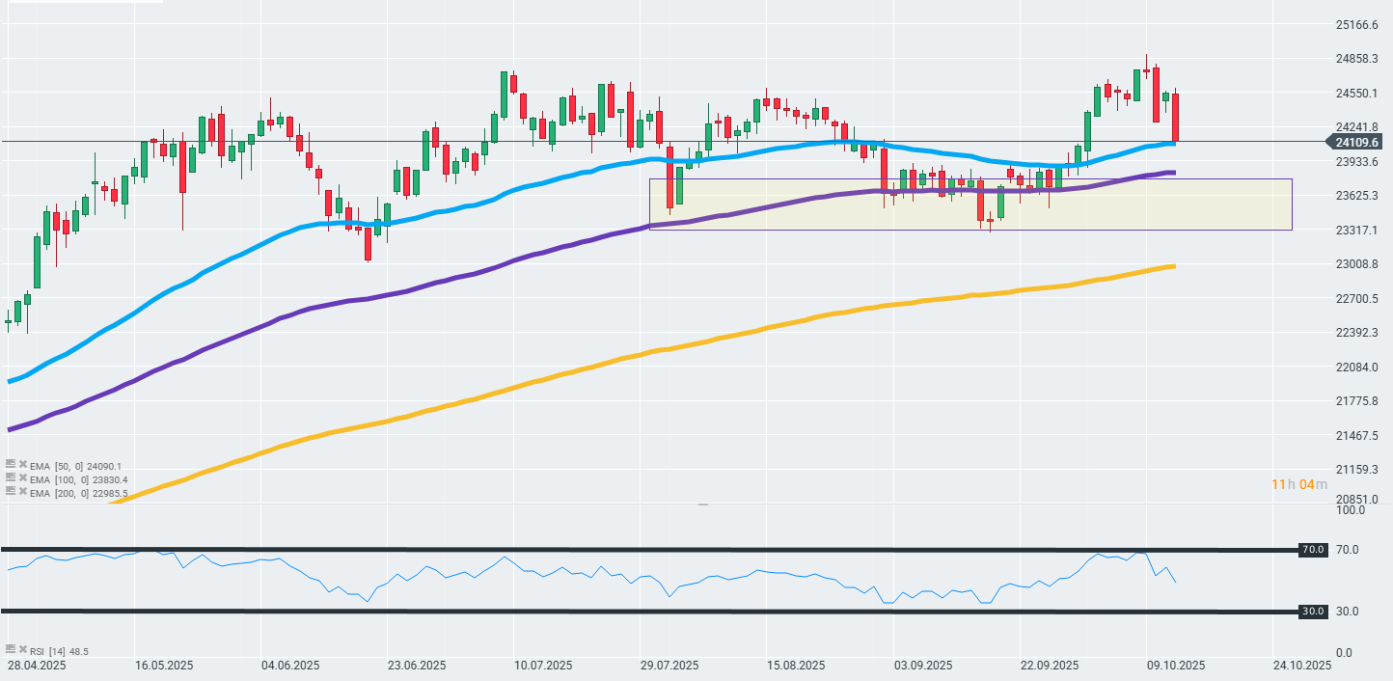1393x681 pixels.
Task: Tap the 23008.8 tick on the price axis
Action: [x=1357, y=264]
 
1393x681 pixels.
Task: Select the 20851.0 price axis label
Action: [x=1357, y=499]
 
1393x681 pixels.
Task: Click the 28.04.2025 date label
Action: [x=38, y=666]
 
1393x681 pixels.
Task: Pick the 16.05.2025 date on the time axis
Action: [x=164, y=666]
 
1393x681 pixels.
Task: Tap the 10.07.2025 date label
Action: [x=544, y=666]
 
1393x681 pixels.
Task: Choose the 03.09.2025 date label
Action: [x=923, y=666]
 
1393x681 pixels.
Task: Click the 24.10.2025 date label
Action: [x=1303, y=666]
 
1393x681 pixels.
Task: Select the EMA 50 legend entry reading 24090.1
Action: [x=77, y=466]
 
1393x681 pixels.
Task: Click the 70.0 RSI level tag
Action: [x=1312, y=550]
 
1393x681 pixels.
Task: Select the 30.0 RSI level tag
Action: [x=1312, y=612]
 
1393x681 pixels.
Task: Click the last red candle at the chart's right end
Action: [x=1175, y=117]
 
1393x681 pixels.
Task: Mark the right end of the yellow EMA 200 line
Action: [x=1172, y=266]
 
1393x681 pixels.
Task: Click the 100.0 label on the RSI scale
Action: [x=1349, y=509]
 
